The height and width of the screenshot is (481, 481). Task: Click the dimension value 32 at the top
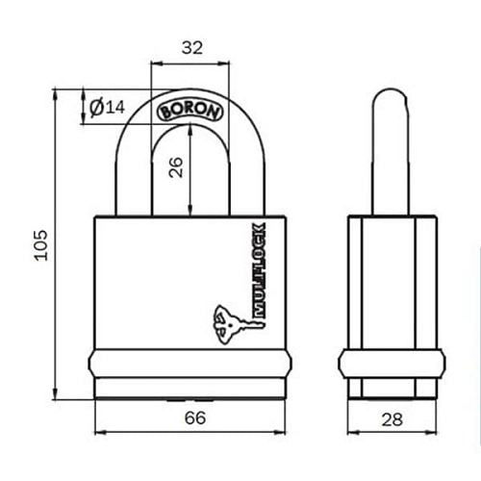pyautogui.click(x=190, y=46)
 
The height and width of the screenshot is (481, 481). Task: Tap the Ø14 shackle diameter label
pyautogui.click(x=108, y=108)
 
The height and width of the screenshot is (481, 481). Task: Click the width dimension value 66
pyautogui.click(x=194, y=419)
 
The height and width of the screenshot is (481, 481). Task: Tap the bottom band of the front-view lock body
pyautogui.click(x=190, y=366)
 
